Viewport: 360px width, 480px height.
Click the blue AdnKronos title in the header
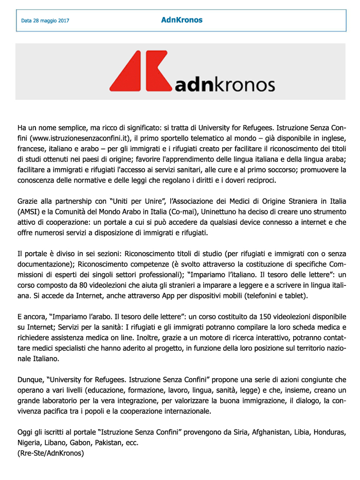[182, 20]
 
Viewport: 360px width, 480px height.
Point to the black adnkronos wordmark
[225, 83]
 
